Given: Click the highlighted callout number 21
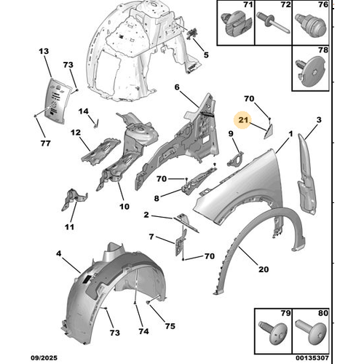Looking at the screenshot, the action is pyautogui.click(x=243, y=120).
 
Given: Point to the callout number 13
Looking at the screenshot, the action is pyautogui.click(x=44, y=51).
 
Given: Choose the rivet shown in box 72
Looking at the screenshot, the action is pyautogui.click(x=273, y=24).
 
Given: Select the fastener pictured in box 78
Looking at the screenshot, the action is pyautogui.click(x=312, y=71).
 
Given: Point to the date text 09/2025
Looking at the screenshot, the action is pyautogui.click(x=44, y=358).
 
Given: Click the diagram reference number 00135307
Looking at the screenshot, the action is pyautogui.click(x=312, y=358).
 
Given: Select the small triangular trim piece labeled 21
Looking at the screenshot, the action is pyautogui.click(x=269, y=132).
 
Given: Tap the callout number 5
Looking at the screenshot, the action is pyautogui.click(x=206, y=55).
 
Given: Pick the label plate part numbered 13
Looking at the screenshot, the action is pyautogui.click(x=56, y=100).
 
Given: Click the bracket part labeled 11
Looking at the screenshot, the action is pyautogui.click(x=73, y=199).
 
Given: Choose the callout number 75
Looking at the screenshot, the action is pyautogui.click(x=170, y=326).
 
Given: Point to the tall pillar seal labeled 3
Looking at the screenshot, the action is pyautogui.click(x=306, y=175).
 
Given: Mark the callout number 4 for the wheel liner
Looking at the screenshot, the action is pyautogui.click(x=59, y=254).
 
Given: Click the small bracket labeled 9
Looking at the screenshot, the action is pyautogui.click(x=236, y=159).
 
